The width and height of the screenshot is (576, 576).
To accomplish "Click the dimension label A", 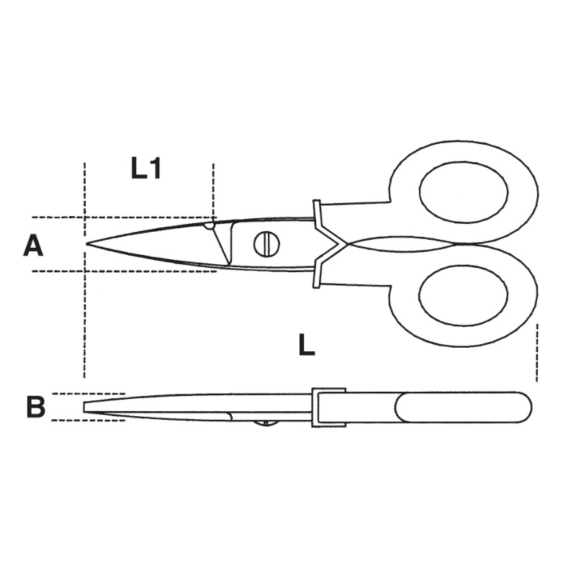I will click(x=33, y=246).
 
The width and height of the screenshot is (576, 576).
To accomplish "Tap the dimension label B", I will click(x=35, y=407).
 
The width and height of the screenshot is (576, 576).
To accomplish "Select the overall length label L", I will click(x=307, y=346).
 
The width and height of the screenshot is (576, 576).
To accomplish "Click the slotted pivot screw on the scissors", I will click(x=266, y=244).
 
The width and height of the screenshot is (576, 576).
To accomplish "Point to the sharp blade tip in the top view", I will click(x=88, y=244).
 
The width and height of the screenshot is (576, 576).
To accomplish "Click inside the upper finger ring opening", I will click(x=464, y=192).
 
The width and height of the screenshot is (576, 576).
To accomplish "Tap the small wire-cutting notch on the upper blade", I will click(x=209, y=225).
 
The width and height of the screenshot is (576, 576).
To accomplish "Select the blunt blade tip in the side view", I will click(x=86, y=407).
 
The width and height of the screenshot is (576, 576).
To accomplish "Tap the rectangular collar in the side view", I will click(x=328, y=408).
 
